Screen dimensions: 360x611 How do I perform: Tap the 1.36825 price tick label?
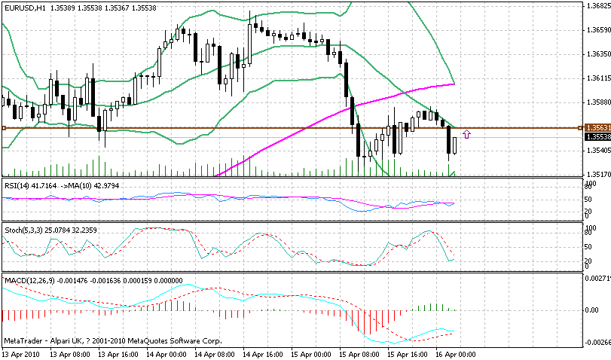tap(597, 5)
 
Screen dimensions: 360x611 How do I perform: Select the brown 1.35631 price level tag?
tap(597, 128)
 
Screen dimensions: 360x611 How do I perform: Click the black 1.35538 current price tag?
tap(597, 137)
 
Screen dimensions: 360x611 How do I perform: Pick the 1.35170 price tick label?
tap(597, 174)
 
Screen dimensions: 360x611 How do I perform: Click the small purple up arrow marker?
tap(467, 134)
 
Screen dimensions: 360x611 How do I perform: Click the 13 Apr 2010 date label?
tap(20, 353)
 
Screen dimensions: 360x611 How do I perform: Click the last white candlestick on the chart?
tap(455, 145)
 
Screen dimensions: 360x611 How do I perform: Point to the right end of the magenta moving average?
tap(454, 84)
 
